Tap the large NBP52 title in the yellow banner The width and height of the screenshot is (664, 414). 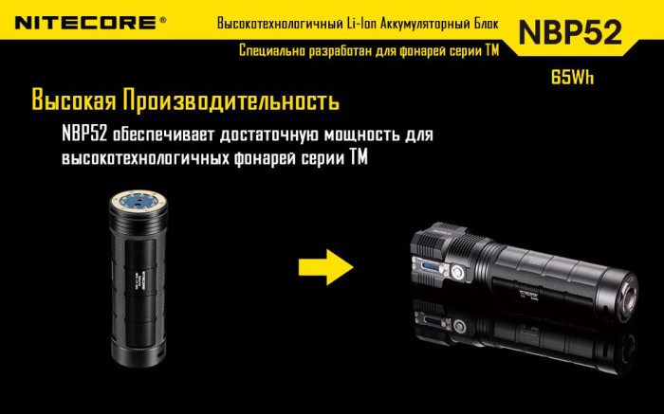pyautogui.click(x=569, y=32)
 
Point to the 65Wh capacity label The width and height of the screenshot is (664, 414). pyautogui.click(x=571, y=79)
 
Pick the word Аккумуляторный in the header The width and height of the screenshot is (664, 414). pyautogui.click(x=418, y=22)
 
